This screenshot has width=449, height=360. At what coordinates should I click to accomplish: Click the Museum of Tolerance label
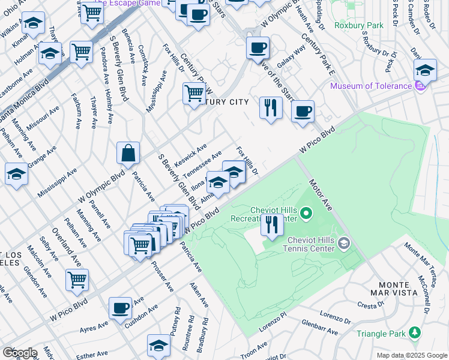click(370, 86)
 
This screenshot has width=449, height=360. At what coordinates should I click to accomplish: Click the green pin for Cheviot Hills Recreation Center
click(306, 212)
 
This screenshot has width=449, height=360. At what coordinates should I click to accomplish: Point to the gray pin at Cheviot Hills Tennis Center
click(343, 243)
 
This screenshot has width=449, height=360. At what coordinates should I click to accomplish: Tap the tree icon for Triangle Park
click(414, 332)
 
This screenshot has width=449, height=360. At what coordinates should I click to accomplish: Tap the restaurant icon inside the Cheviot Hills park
click(272, 225)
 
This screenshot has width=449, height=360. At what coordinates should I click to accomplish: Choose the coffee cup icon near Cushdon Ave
click(120, 307)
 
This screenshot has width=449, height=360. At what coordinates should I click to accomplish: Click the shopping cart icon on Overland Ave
click(77, 279)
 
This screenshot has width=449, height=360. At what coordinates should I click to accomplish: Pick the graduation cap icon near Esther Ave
click(158, 345)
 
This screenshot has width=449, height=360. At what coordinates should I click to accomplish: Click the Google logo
click(19, 353)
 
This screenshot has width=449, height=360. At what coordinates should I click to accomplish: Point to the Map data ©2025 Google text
click(411, 355)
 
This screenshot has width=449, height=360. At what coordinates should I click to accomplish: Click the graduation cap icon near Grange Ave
click(16, 174)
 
